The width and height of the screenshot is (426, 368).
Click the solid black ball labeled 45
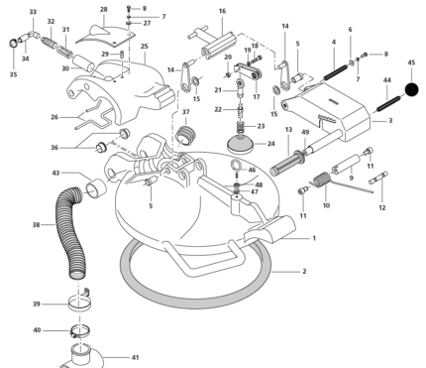pos(411,89)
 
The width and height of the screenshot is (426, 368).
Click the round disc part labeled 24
pos(241,146)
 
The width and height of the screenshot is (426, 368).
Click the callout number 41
pos(135,357)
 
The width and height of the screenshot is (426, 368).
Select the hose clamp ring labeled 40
pos(80,330)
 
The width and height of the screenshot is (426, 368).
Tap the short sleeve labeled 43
pos(96,188)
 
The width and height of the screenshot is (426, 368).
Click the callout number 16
pos(222,11)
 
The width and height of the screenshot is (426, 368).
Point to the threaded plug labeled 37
pos(186,135)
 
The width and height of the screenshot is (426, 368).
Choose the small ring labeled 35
pos(13,43)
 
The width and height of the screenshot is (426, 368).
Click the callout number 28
pos(104,9)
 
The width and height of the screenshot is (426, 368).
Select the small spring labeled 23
pos(241,127)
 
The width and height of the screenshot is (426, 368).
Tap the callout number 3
pos(390,121)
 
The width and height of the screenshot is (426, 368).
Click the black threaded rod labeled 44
pos(388,103)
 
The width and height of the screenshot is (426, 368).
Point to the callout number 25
pos(145,46)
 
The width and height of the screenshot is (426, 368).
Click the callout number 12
pos(382,207)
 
